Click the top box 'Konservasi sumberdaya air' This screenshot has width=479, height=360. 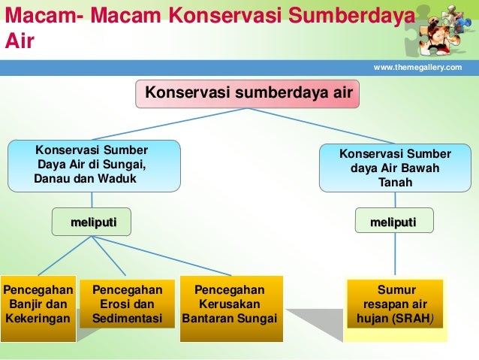248,93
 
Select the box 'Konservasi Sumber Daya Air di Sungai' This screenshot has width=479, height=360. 94,165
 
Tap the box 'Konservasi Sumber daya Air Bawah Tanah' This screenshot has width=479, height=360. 395,168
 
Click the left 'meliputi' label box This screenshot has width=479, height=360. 91,222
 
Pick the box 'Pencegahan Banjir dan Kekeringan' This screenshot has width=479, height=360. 38,304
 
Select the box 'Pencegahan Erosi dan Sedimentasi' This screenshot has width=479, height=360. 128,304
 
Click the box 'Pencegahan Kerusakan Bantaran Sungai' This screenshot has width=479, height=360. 230,304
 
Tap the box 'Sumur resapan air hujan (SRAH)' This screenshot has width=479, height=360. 395,304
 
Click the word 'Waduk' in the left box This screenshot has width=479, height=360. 118,180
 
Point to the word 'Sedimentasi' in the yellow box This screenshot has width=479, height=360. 128,319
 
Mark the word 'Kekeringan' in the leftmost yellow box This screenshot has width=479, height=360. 38,319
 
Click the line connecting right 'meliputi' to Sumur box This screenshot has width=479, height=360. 395,254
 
